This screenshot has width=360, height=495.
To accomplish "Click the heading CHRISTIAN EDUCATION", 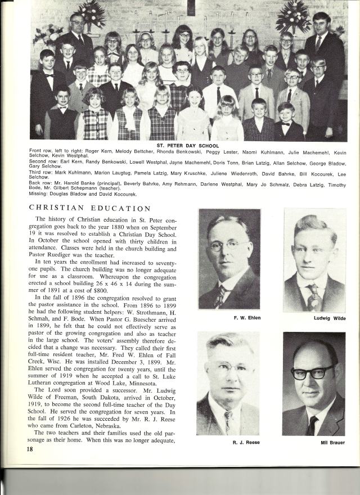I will (x=89, y=209).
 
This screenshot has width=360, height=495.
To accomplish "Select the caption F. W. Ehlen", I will (x=229, y=318).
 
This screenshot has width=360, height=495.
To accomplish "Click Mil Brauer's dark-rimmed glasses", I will (x=313, y=372).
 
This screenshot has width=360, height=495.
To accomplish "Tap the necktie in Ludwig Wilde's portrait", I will (x=313, y=296).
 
